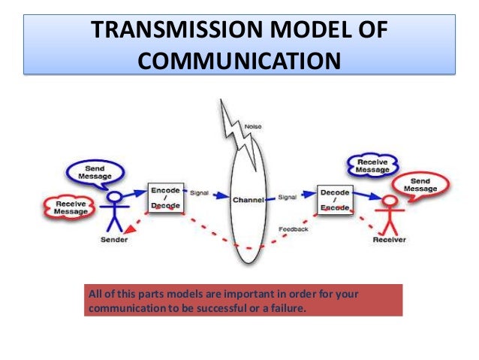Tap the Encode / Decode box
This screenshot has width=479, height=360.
click(x=165, y=197)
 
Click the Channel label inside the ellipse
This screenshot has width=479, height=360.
click(x=247, y=201)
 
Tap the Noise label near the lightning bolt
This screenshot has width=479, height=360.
click(x=254, y=128)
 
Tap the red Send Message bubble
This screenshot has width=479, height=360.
click(x=418, y=184)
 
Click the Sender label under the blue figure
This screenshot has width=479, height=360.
click(x=114, y=241)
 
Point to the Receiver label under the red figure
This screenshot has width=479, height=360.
click(x=390, y=241)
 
